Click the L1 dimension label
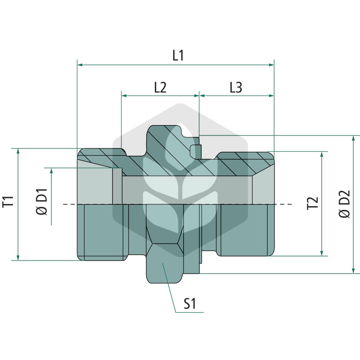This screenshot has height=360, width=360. [x=178, y=56]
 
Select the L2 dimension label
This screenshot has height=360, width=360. [x=160, y=87]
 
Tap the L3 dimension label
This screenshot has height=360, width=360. [x=236, y=87]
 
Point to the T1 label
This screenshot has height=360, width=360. [x=8, y=202]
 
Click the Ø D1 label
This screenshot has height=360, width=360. [x=42, y=202]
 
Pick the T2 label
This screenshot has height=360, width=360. [x=313, y=203]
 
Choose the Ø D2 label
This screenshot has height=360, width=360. [x=344, y=204]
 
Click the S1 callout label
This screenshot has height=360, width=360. [x=190, y=304]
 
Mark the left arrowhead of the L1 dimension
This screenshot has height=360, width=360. [x=80, y=65]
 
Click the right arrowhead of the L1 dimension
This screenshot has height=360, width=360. [x=271, y=65]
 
